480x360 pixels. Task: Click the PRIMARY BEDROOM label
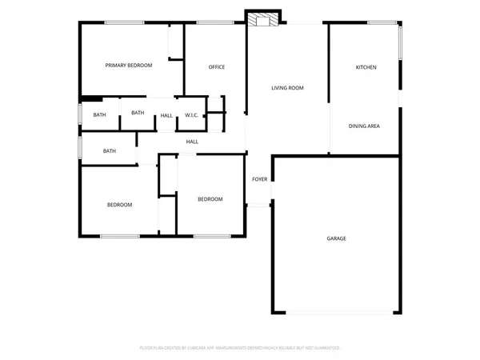click(x=129, y=66)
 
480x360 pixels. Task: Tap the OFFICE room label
click(x=216, y=66)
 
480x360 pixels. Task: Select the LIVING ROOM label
click(x=287, y=88)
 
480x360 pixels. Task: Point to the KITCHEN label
click(x=366, y=67)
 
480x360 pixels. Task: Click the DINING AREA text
click(x=364, y=126)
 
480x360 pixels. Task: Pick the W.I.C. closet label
click(x=191, y=115)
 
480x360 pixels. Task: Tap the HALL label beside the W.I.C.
click(x=166, y=115)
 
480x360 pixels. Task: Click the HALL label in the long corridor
click(x=192, y=142)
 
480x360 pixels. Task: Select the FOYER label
click(x=260, y=179)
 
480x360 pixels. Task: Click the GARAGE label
click(x=336, y=238)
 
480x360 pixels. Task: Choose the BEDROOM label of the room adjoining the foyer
click(x=210, y=199)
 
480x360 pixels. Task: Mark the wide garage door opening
click(x=336, y=311)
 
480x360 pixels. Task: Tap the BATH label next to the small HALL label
click(x=138, y=113)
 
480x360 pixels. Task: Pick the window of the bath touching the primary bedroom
click(x=79, y=114)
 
